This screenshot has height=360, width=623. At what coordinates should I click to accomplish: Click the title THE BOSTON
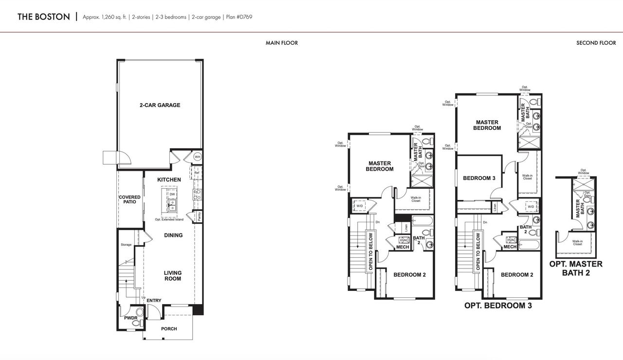pos(43,17)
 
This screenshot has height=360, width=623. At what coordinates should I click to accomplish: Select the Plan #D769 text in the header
pos(239,17)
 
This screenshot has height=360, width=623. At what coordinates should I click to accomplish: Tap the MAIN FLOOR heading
pos(281,43)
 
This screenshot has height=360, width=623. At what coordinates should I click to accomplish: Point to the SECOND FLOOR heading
pos(596,43)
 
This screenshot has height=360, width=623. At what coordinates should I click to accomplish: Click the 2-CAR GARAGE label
pos(160,105)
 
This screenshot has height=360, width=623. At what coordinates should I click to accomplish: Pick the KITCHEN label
pos(169,180)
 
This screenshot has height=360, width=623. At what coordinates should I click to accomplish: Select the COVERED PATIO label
pos(129,199)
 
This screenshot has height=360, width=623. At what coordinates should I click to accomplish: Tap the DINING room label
pos(173,235)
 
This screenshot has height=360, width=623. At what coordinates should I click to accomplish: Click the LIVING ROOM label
pos(172,276)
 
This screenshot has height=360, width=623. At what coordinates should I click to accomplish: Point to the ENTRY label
pos(154,301)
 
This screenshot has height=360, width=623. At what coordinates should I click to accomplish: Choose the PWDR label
pos(130,318)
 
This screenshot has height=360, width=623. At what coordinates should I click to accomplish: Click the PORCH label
pos(169,329)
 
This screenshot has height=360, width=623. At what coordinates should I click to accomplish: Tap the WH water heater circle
pos(197,157)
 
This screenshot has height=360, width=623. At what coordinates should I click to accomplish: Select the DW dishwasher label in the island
pos(172,194)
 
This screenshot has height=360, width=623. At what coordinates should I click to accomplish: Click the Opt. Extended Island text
pos(169,219)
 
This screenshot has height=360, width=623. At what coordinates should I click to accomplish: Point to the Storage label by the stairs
pos(126,245)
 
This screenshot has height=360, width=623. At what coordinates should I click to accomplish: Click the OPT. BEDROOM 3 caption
pos(498,306)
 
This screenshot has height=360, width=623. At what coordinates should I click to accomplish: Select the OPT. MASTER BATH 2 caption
pos(576,268)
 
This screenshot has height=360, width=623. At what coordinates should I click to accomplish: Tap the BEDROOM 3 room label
pos(479,178)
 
